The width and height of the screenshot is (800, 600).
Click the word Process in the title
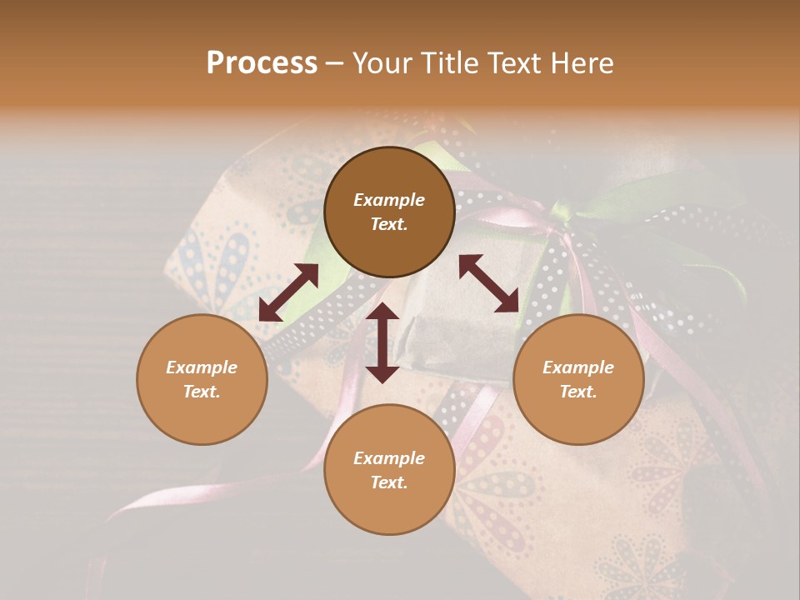(x=262, y=63)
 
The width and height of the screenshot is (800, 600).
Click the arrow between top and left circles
(x=288, y=292)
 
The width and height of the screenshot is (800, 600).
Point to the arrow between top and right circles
(x=489, y=283)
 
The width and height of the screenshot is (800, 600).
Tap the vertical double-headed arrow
(x=382, y=342)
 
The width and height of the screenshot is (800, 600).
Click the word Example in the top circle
(x=389, y=200)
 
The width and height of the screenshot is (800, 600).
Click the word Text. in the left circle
(x=202, y=392)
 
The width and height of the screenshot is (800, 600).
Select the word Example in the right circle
(x=578, y=367)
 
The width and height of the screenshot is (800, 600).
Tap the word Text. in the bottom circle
(x=389, y=482)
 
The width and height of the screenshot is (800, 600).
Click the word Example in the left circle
(x=202, y=367)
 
